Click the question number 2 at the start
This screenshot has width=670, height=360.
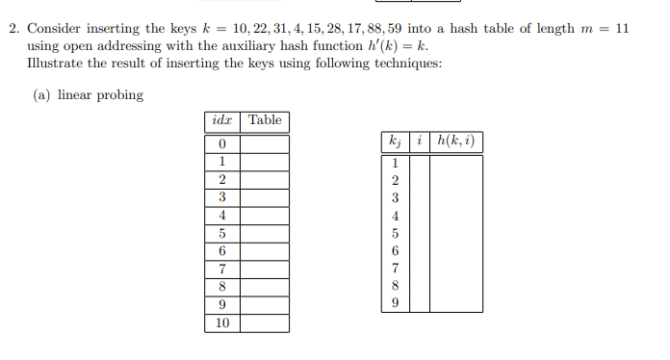13,29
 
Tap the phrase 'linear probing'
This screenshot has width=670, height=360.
100,95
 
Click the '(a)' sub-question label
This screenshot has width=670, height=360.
42,95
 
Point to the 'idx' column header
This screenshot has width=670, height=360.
221,120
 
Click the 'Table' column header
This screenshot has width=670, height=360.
265,120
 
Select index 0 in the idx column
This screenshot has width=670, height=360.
221,144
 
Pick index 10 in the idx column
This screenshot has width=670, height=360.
221,323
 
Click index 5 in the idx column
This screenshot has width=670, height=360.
221,234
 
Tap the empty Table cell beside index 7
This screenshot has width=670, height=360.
265,270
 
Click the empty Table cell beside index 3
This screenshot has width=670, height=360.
265,197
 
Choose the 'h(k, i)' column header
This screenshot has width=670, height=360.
455,141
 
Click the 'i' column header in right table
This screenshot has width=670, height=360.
422,141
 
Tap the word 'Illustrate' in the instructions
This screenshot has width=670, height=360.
57,63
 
